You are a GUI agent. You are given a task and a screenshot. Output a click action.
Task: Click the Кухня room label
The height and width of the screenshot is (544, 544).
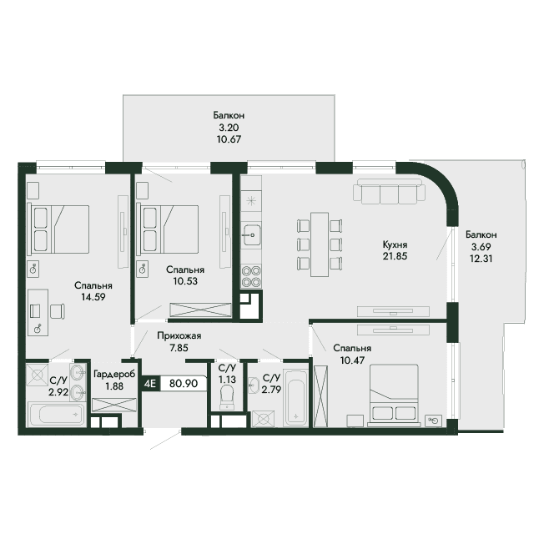395,244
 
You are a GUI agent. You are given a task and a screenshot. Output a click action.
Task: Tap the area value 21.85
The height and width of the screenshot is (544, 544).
395,256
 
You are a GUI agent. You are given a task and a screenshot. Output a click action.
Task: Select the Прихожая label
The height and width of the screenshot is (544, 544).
179,336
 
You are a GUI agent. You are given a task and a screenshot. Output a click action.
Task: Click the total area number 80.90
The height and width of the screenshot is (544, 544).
184,383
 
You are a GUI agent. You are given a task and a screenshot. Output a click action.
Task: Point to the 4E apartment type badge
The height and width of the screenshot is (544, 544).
150,384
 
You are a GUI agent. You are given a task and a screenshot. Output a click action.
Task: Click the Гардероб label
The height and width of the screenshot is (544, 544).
114,375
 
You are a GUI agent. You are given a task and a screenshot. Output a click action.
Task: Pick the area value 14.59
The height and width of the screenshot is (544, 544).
93,297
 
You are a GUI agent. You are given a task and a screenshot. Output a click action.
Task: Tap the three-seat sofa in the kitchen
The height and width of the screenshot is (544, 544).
390,192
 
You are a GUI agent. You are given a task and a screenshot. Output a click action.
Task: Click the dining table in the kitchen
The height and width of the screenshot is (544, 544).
320,244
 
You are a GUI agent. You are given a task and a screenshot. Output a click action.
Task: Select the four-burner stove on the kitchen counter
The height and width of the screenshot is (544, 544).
251,276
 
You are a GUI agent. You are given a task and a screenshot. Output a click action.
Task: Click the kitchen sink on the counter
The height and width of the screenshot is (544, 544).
251,235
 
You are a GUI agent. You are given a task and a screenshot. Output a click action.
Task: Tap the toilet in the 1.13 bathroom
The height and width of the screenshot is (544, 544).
227,397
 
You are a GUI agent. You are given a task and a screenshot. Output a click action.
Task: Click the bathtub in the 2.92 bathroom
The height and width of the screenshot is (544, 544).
57,414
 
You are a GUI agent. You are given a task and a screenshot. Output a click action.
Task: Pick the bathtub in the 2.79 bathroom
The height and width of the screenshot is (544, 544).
295,398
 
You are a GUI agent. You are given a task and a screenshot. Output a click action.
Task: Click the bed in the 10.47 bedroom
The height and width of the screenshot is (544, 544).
394,395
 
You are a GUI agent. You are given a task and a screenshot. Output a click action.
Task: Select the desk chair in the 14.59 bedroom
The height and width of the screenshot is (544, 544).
58,311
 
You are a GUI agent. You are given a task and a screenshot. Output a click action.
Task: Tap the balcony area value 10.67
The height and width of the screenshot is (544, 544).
229,139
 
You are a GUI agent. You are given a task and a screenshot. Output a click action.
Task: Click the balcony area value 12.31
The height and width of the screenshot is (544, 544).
481,259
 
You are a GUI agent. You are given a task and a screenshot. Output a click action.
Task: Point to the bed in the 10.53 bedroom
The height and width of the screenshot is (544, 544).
168,229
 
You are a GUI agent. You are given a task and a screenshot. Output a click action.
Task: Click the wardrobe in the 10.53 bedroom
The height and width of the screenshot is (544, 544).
200,310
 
